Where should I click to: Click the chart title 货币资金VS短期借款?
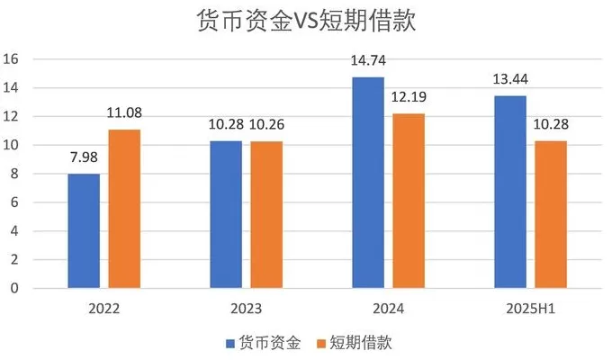pyautogui.click(x=306, y=22)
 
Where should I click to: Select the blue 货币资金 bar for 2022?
pyautogui.click(x=85, y=231)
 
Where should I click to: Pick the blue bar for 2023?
pyautogui.click(x=226, y=215)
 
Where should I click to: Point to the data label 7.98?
pyautogui.click(x=85, y=158)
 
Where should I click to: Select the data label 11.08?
pyautogui.click(x=124, y=113)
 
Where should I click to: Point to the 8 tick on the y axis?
pyautogui.click(x=14, y=174)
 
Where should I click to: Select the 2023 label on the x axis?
pyautogui.click(x=245, y=309)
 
